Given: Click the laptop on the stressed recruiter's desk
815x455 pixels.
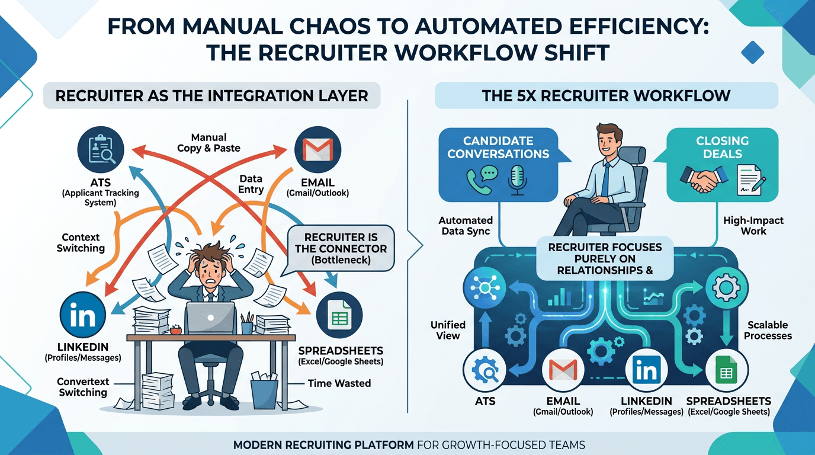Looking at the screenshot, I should [211, 318].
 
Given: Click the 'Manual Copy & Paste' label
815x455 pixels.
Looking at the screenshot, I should [208, 143].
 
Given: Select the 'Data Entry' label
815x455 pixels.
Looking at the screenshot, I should [251, 184].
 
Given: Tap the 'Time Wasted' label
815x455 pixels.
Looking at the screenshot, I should [339, 383].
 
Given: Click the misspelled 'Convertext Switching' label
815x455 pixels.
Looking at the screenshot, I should [82, 387].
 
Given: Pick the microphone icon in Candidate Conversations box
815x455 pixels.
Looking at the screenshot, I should [517, 180].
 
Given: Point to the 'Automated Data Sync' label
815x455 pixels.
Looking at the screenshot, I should [465, 226].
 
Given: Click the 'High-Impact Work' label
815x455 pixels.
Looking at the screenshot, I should [753, 226].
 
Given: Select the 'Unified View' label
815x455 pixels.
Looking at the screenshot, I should [448, 330].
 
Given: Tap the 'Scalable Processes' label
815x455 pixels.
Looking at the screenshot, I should [768, 330].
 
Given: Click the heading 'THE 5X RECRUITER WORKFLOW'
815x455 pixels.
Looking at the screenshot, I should [606, 96].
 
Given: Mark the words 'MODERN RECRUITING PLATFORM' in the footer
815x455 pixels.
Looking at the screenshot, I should [323, 444].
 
